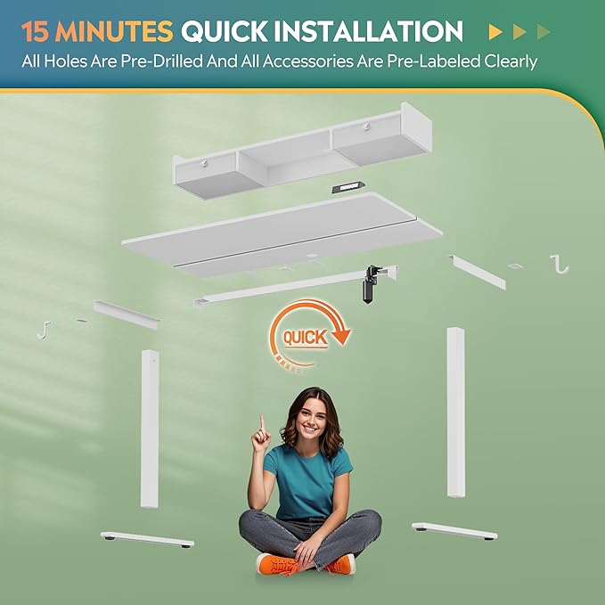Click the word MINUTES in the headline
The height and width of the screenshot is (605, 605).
click(x=114, y=31)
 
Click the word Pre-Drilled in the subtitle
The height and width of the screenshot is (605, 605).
click(x=161, y=61)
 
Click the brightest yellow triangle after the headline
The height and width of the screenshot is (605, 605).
click(x=495, y=32)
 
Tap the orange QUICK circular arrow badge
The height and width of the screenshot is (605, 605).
click(x=308, y=335)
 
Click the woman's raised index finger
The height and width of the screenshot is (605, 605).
click(x=262, y=423)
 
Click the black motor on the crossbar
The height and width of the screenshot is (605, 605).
click(x=369, y=284)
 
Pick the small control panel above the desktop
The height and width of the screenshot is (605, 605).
click(x=348, y=187)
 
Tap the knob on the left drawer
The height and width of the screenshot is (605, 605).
click(x=205, y=163)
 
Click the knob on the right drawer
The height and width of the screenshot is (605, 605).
click(x=366, y=126)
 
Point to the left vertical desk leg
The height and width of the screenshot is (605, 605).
click(x=150, y=429)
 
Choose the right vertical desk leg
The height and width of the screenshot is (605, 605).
click(x=455, y=412)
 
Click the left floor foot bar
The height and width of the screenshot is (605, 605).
click(x=147, y=539)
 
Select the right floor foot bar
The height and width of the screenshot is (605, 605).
click(x=454, y=531)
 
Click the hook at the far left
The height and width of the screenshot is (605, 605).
click(x=45, y=331)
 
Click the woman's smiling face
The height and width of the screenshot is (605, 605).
click(x=310, y=420)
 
